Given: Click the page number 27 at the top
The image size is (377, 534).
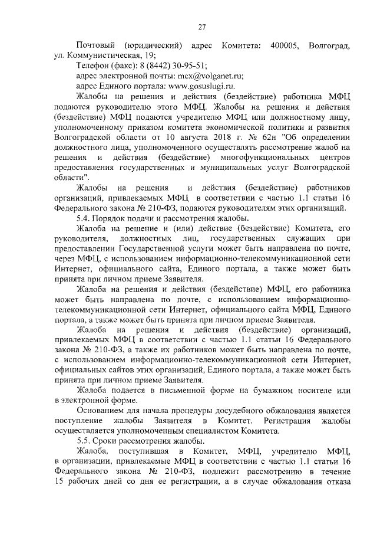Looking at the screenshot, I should click(x=201, y=27).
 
